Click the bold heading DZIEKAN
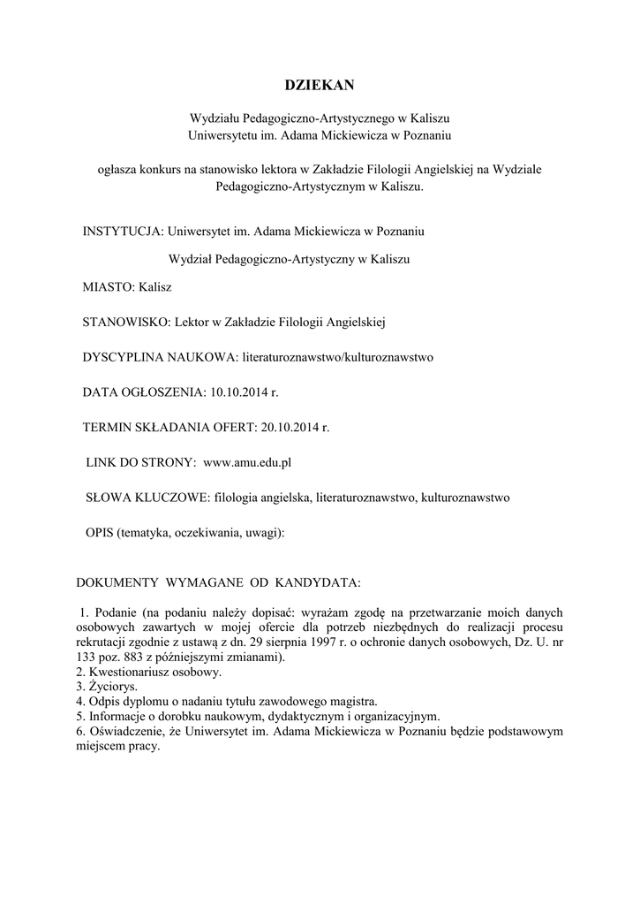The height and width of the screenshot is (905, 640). pyautogui.click(x=320, y=85)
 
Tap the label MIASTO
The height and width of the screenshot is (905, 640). pyautogui.click(x=106, y=287)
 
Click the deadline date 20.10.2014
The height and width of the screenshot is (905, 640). pyautogui.click(x=289, y=427)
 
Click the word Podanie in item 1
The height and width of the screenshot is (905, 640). pyautogui.click(x=115, y=612)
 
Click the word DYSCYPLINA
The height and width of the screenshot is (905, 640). pyautogui.click(x=123, y=357)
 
